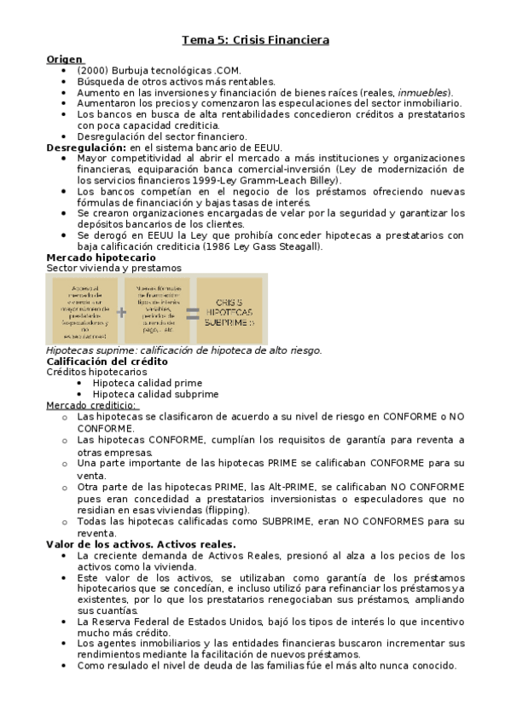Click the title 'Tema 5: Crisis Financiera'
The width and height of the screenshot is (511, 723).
[x=256, y=39]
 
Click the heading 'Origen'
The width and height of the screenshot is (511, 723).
[x=65, y=59]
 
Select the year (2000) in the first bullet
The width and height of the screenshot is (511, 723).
[x=90, y=70]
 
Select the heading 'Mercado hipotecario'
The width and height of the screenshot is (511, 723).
[x=101, y=257]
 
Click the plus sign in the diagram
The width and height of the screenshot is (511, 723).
[x=121, y=311]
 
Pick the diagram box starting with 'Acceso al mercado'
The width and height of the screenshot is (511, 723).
[x=84, y=311]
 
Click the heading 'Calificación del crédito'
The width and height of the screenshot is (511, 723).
[x=107, y=361]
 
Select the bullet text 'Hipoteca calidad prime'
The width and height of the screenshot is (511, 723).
[x=145, y=383]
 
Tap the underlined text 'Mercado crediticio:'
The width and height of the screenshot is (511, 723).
[x=92, y=405]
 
